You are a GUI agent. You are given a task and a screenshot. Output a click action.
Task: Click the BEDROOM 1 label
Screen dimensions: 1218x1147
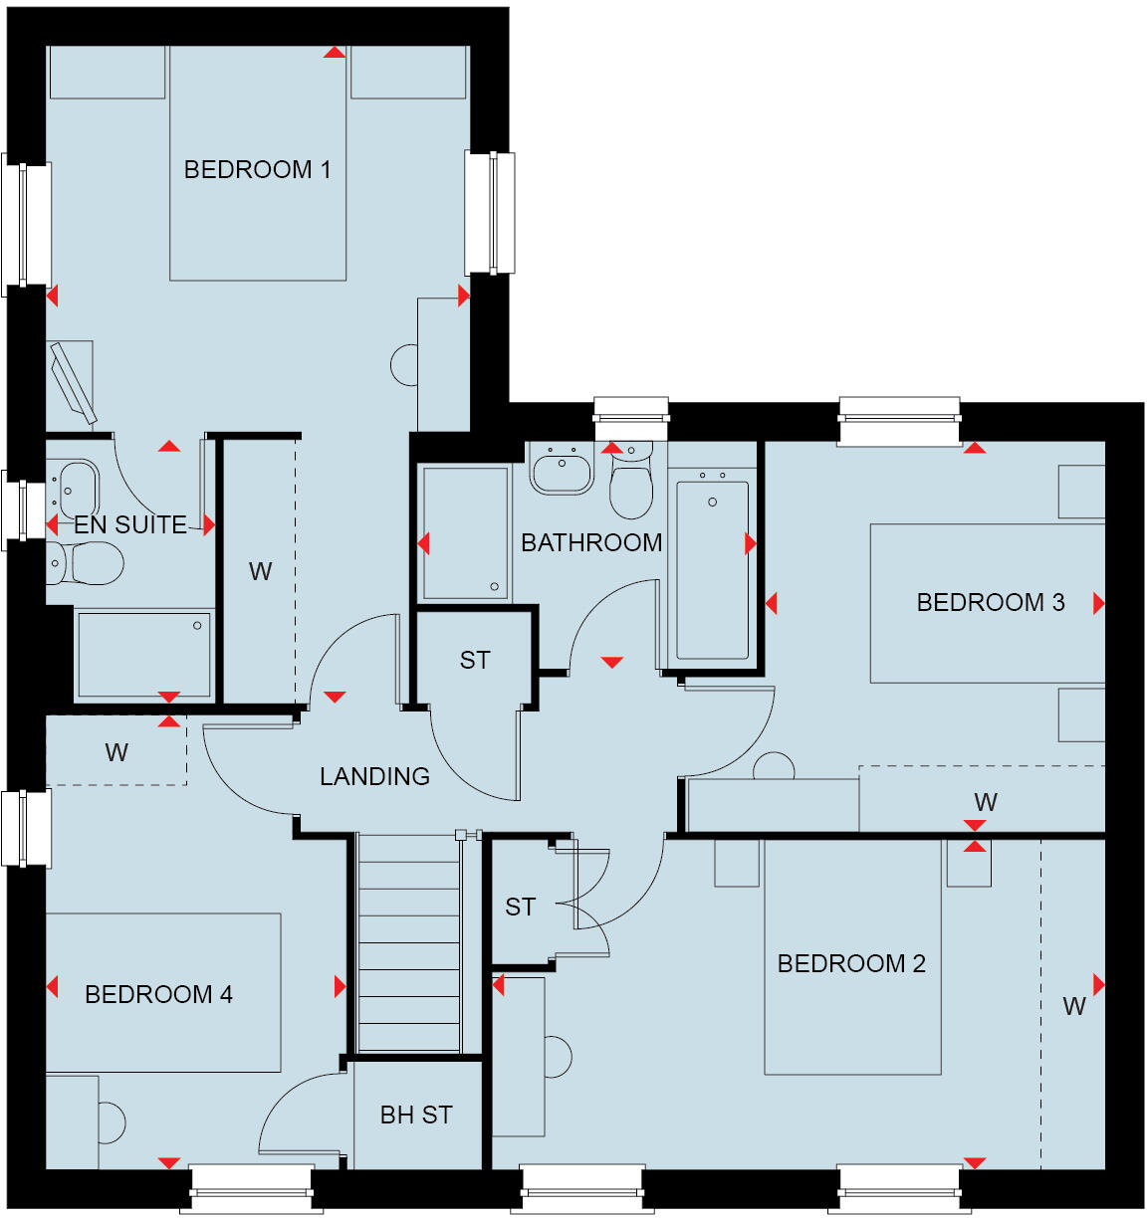click(257, 169)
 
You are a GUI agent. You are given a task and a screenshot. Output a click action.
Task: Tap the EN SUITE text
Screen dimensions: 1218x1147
click(129, 524)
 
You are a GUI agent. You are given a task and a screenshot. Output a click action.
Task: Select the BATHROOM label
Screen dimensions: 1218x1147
click(591, 542)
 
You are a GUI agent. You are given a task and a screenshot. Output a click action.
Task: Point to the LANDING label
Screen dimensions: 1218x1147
click(374, 776)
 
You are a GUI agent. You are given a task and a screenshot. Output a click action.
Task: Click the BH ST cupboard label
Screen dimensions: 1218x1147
click(416, 1116)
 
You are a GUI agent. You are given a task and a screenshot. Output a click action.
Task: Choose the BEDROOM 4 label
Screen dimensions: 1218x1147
click(158, 994)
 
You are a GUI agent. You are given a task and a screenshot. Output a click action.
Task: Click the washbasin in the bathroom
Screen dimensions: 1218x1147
click(562, 470)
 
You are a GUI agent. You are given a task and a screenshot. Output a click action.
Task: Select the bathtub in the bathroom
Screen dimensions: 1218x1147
click(712, 569)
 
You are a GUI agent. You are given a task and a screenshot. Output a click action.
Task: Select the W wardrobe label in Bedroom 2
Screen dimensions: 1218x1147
click(1073, 1006)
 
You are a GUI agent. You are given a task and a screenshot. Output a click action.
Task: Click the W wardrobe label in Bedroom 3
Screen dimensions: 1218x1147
click(986, 802)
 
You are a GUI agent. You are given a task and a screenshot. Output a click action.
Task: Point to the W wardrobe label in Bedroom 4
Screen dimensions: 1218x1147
click(116, 752)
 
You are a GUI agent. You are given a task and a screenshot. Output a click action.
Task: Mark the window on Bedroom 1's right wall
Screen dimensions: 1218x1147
click(491, 213)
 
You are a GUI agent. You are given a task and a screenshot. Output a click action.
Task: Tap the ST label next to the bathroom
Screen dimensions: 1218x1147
click(475, 660)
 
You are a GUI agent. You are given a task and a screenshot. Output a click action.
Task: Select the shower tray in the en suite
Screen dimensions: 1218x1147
click(144, 654)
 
